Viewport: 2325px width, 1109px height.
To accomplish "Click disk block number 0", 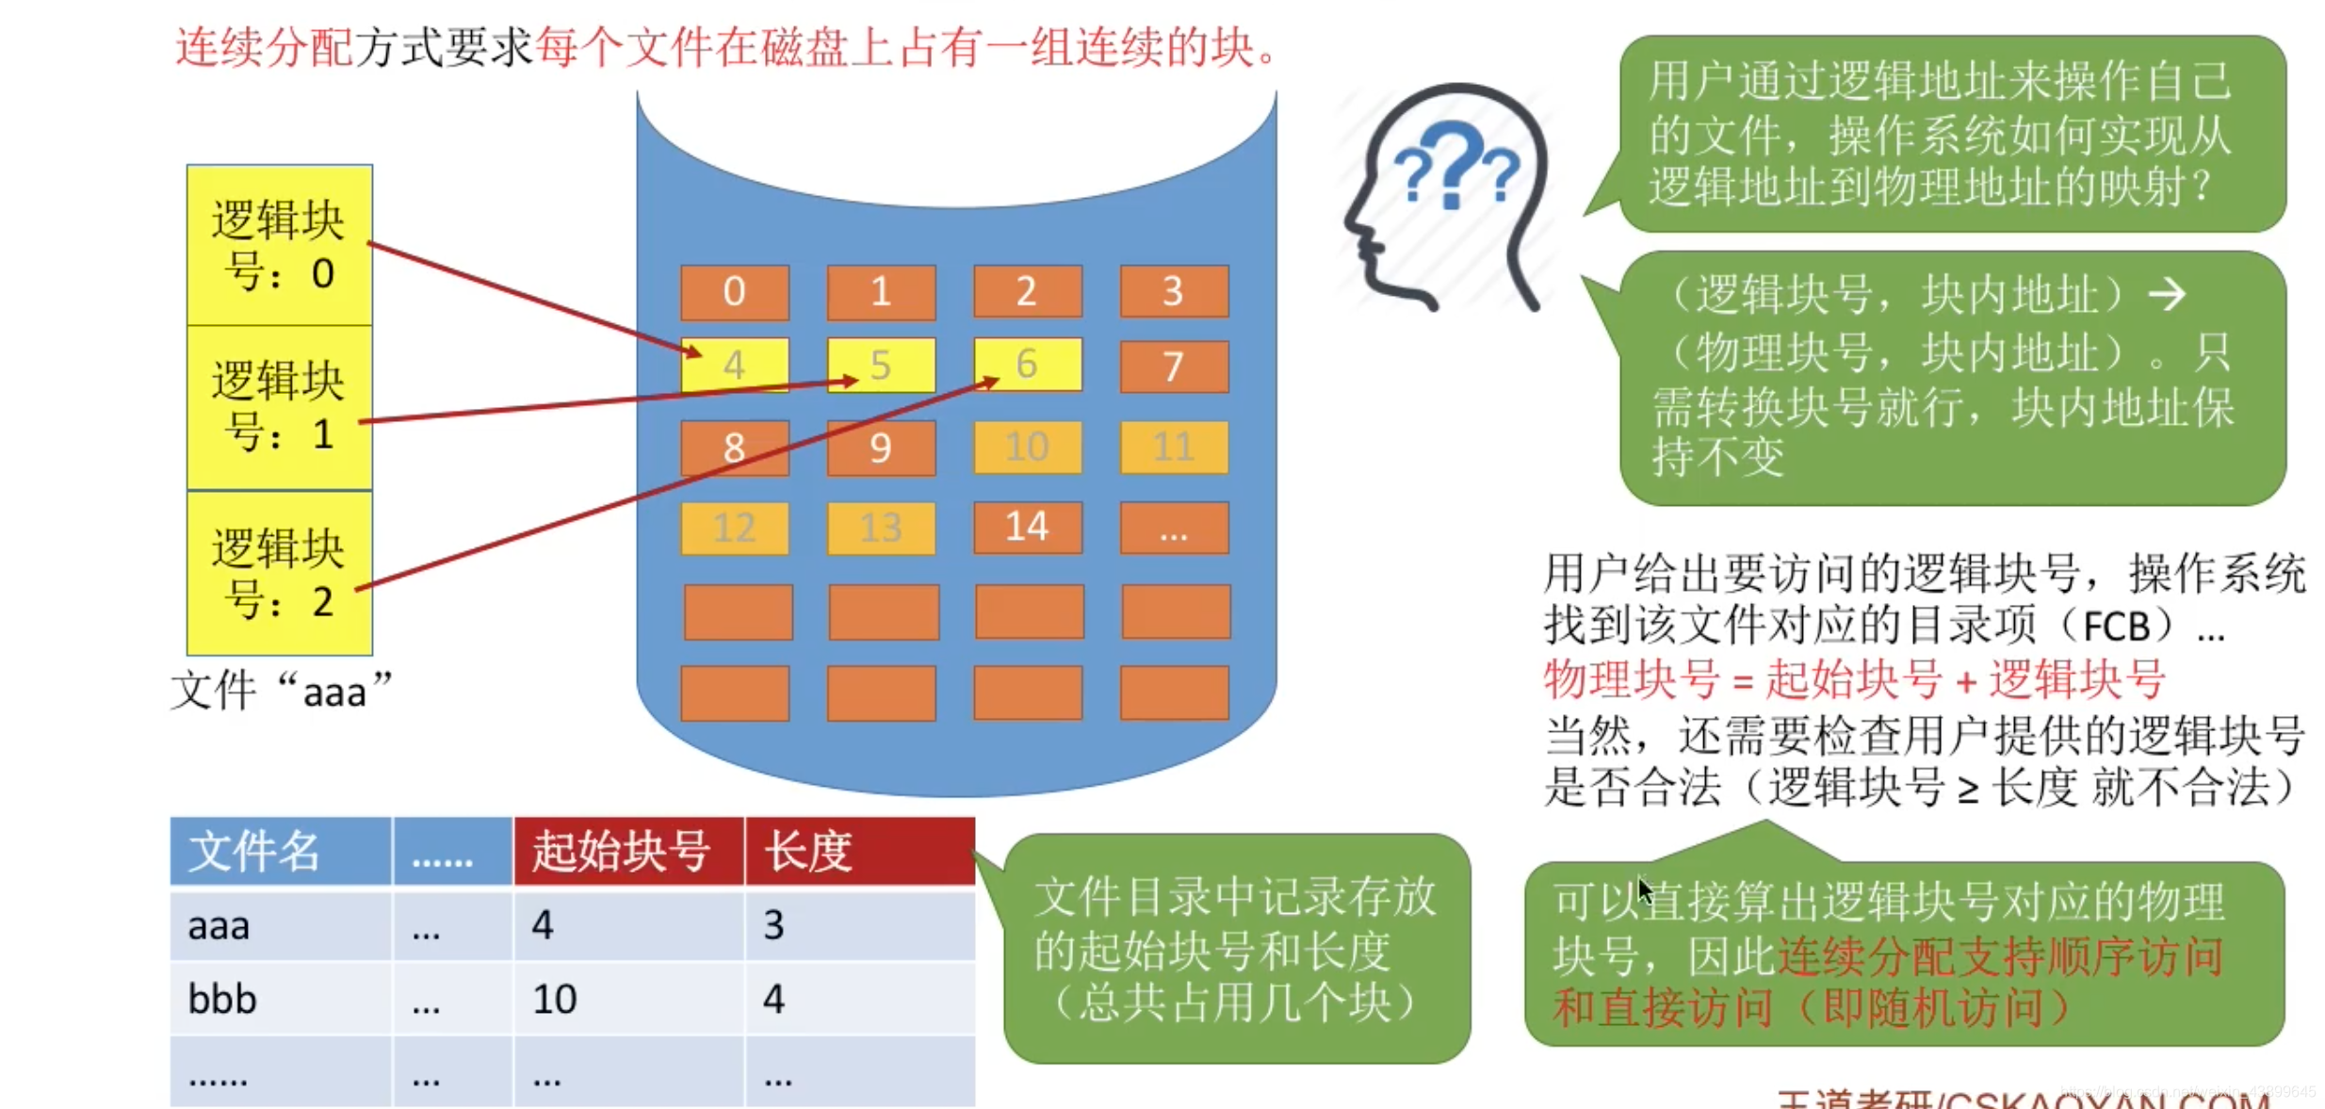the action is coord(734,291).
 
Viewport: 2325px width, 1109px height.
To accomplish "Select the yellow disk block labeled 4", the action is coord(734,365).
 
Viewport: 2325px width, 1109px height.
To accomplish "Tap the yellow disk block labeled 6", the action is coord(1027,364).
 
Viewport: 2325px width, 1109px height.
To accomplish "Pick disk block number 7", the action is coord(1173,366).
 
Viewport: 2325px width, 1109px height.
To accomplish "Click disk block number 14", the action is coord(1027,527).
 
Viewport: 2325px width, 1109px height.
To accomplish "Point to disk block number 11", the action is coord(1173,447).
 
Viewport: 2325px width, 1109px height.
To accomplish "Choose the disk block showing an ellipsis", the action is coord(1173,529).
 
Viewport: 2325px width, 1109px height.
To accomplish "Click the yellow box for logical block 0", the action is coord(279,245).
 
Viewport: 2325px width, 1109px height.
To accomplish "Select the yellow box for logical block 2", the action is coord(279,573).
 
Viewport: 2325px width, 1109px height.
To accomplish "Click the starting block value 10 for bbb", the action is coord(555,999).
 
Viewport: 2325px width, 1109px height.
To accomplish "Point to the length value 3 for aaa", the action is coord(773,925).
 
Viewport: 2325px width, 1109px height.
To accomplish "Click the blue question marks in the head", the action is coord(1455,170).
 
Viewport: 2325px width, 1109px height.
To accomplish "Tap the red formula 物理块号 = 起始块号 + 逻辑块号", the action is coord(1854,678).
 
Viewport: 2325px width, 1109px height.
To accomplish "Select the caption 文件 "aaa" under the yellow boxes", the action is coord(281,691).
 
